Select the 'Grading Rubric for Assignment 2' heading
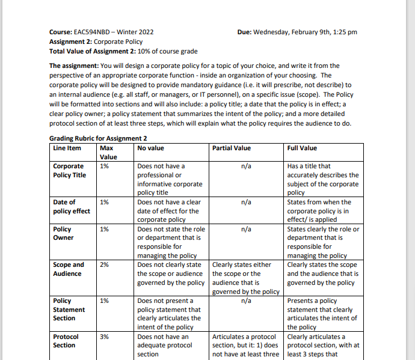click(x=98, y=138)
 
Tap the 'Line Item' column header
click(x=67, y=148)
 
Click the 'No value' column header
click(x=151, y=148)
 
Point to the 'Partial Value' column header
click(x=232, y=148)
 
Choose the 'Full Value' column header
click(x=303, y=148)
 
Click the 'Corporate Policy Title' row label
click(x=69, y=171)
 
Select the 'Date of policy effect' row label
click(x=72, y=206)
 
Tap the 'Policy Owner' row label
click(x=64, y=233)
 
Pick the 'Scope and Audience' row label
click(x=69, y=269)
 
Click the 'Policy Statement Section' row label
click(x=69, y=309)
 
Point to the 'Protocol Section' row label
click(x=66, y=341)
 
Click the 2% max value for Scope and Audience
click(x=104, y=264)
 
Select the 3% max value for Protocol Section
click(x=104, y=337)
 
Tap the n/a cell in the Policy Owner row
click(x=245, y=229)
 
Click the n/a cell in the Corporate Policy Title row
click(x=245, y=166)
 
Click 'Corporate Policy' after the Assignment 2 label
click(x=118, y=41)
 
